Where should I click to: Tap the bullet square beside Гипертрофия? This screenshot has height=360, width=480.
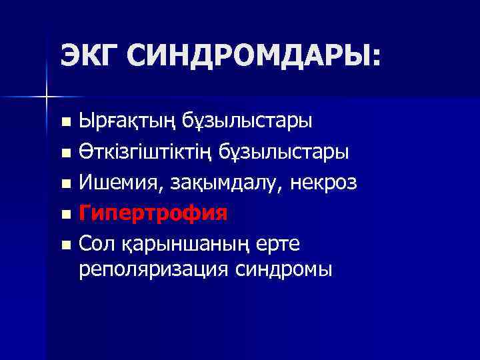(x=65, y=215)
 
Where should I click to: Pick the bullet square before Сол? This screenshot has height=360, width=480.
(x=65, y=245)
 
